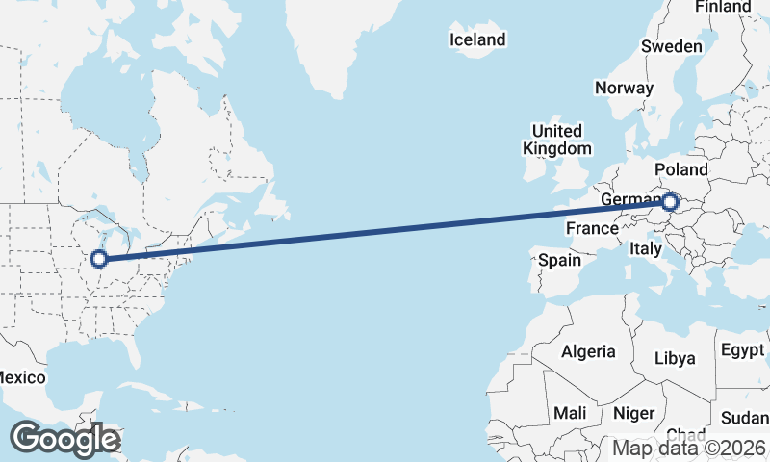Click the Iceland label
click(477, 39)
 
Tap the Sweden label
click(672, 46)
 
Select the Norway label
click(624, 88)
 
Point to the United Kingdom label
click(557, 140)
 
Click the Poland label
click(680, 170)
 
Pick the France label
click(591, 228)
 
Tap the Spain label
click(559, 260)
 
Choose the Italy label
click(645, 248)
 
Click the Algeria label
click(588, 351)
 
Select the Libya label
click(674, 358)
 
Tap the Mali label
click(570, 413)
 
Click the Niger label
click(633, 413)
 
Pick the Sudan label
click(745, 418)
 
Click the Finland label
click(722, 7)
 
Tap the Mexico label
click(21, 377)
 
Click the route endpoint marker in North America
click(98, 258)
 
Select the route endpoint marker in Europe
click(671, 202)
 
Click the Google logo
click(64, 439)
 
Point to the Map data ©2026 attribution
click(689, 448)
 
